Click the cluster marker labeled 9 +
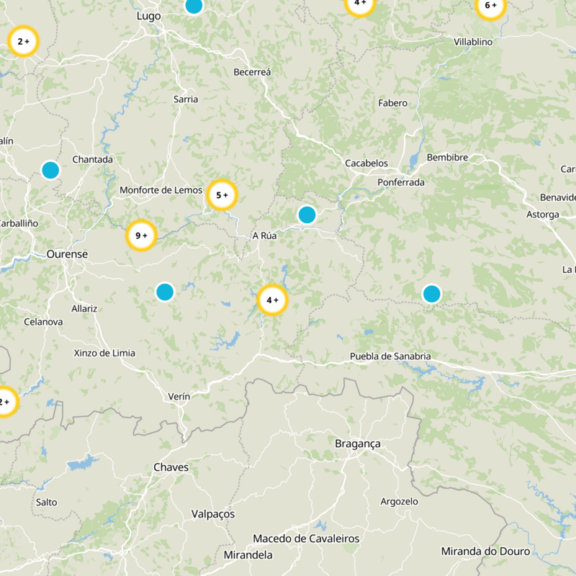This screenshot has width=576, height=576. click(x=141, y=235)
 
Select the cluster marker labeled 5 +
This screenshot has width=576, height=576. click(x=222, y=194)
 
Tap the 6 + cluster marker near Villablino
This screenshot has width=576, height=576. click(x=490, y=6)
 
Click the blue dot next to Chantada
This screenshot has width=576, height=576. click(x=50, y=170)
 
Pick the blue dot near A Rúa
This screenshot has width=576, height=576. click(x=307, y=215)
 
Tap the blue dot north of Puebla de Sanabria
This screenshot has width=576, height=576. click(x=431, y=294)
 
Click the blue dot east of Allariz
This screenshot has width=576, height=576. click(x=165, y=292)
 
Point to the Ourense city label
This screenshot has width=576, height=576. click(x=67, y=254)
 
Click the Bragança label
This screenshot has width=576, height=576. click(x=358, y=444)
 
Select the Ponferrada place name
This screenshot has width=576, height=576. click(x=401, y=183)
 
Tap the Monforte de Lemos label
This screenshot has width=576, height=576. click(x=161, y=190)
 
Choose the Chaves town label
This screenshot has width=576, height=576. click(x=171, y=468)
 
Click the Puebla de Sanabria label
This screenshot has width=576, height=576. click(x=390, y=356)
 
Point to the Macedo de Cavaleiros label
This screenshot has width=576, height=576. click(x=306, y=539)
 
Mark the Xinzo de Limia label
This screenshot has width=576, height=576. click(x=104, y=353)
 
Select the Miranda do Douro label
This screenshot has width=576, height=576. click(x=485, y=552)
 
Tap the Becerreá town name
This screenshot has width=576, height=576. click(x=252, y=72)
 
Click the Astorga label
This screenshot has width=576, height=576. click(x=542, y=215)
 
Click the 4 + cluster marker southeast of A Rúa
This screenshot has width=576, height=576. click(x=272, y=300)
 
